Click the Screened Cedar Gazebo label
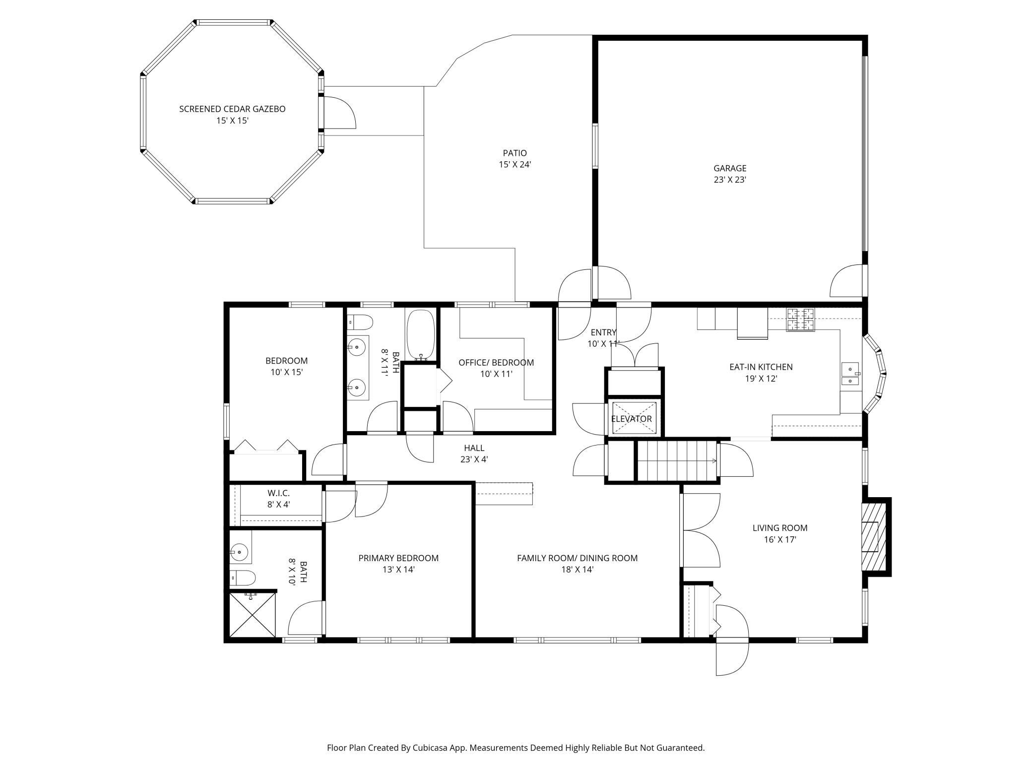tap(232, 109)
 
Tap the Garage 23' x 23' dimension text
tap(730, 180)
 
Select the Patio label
tap(515, 153)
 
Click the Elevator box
tap(634, 418)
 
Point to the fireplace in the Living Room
tap(873, 536)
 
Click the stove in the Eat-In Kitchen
tap(801, 320)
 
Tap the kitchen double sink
tap(850, 375)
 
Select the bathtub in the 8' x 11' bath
tap(421, 335)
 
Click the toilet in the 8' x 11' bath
tap(360, 322)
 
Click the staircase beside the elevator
tap(677, 460)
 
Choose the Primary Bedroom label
tap(398, 558)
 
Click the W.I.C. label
tap(278, 493)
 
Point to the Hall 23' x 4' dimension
tap(474, 459)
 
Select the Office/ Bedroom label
tap(496, 363)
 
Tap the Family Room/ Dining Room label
tap(577, 558)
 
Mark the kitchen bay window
tap(875, 373)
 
